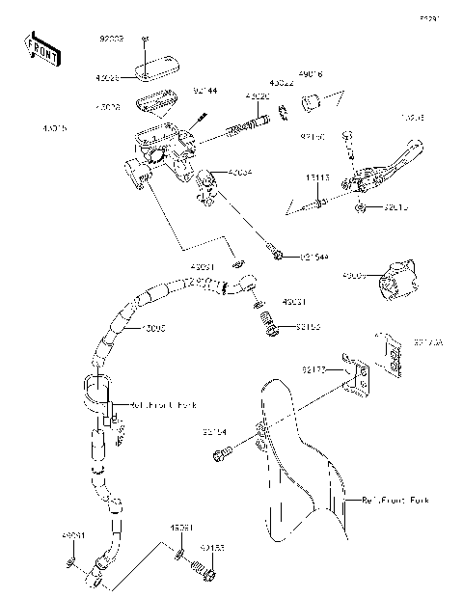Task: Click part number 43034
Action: (240, 173)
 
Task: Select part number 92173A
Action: (428, 341)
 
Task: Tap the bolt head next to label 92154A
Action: (278, 255)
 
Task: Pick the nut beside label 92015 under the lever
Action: (360, 207)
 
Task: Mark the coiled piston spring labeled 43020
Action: (247, 125)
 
